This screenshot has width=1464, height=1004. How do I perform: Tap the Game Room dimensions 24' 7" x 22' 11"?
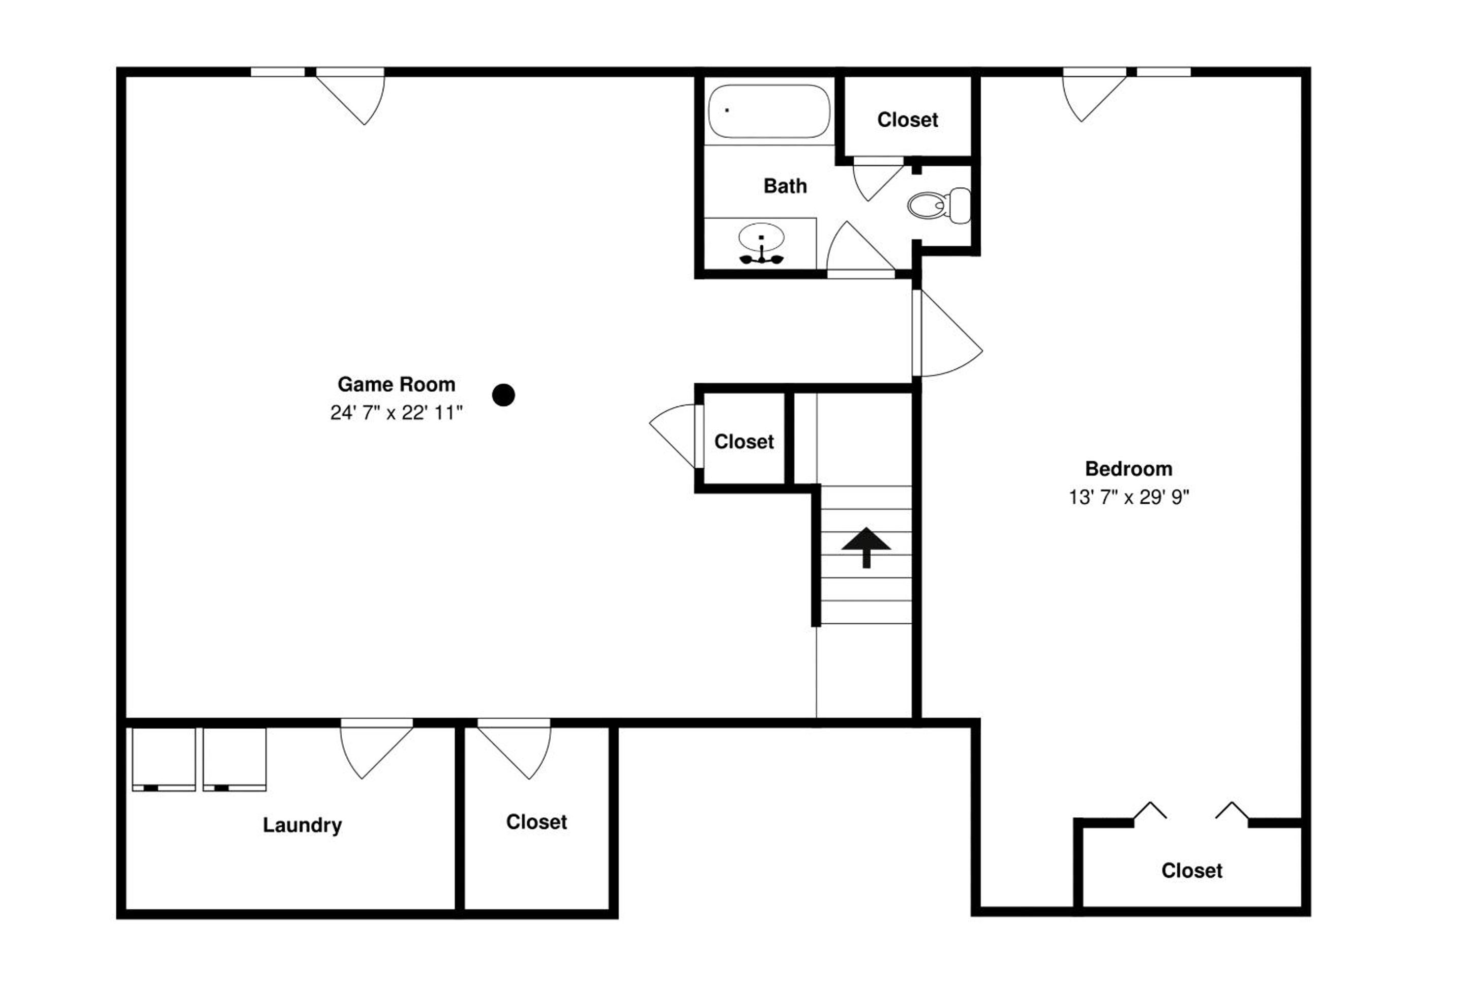point(396,413)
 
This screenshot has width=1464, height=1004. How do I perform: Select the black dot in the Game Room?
point(503,395)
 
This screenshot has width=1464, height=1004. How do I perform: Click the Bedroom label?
point(1128,469)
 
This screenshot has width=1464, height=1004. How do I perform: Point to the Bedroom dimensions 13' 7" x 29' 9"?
point(1128,497)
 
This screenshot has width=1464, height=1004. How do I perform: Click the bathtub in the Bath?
point(768,111)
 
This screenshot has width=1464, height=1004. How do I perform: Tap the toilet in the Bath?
point(939,206)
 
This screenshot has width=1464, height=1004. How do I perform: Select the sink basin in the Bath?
point(761,238)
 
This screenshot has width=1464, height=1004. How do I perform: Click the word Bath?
point(785,186)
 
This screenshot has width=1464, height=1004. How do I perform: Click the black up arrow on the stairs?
point(866,547)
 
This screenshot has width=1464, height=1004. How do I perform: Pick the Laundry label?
point(303,825)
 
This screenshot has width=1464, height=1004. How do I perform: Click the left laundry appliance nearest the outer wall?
point(164,759)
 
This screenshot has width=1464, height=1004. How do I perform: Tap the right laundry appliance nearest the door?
point(234,759)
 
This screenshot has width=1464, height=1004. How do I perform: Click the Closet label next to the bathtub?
point(908,120)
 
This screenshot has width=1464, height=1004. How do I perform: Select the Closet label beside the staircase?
point(744,442)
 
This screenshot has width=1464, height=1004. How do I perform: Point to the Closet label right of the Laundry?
point(536,822)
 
